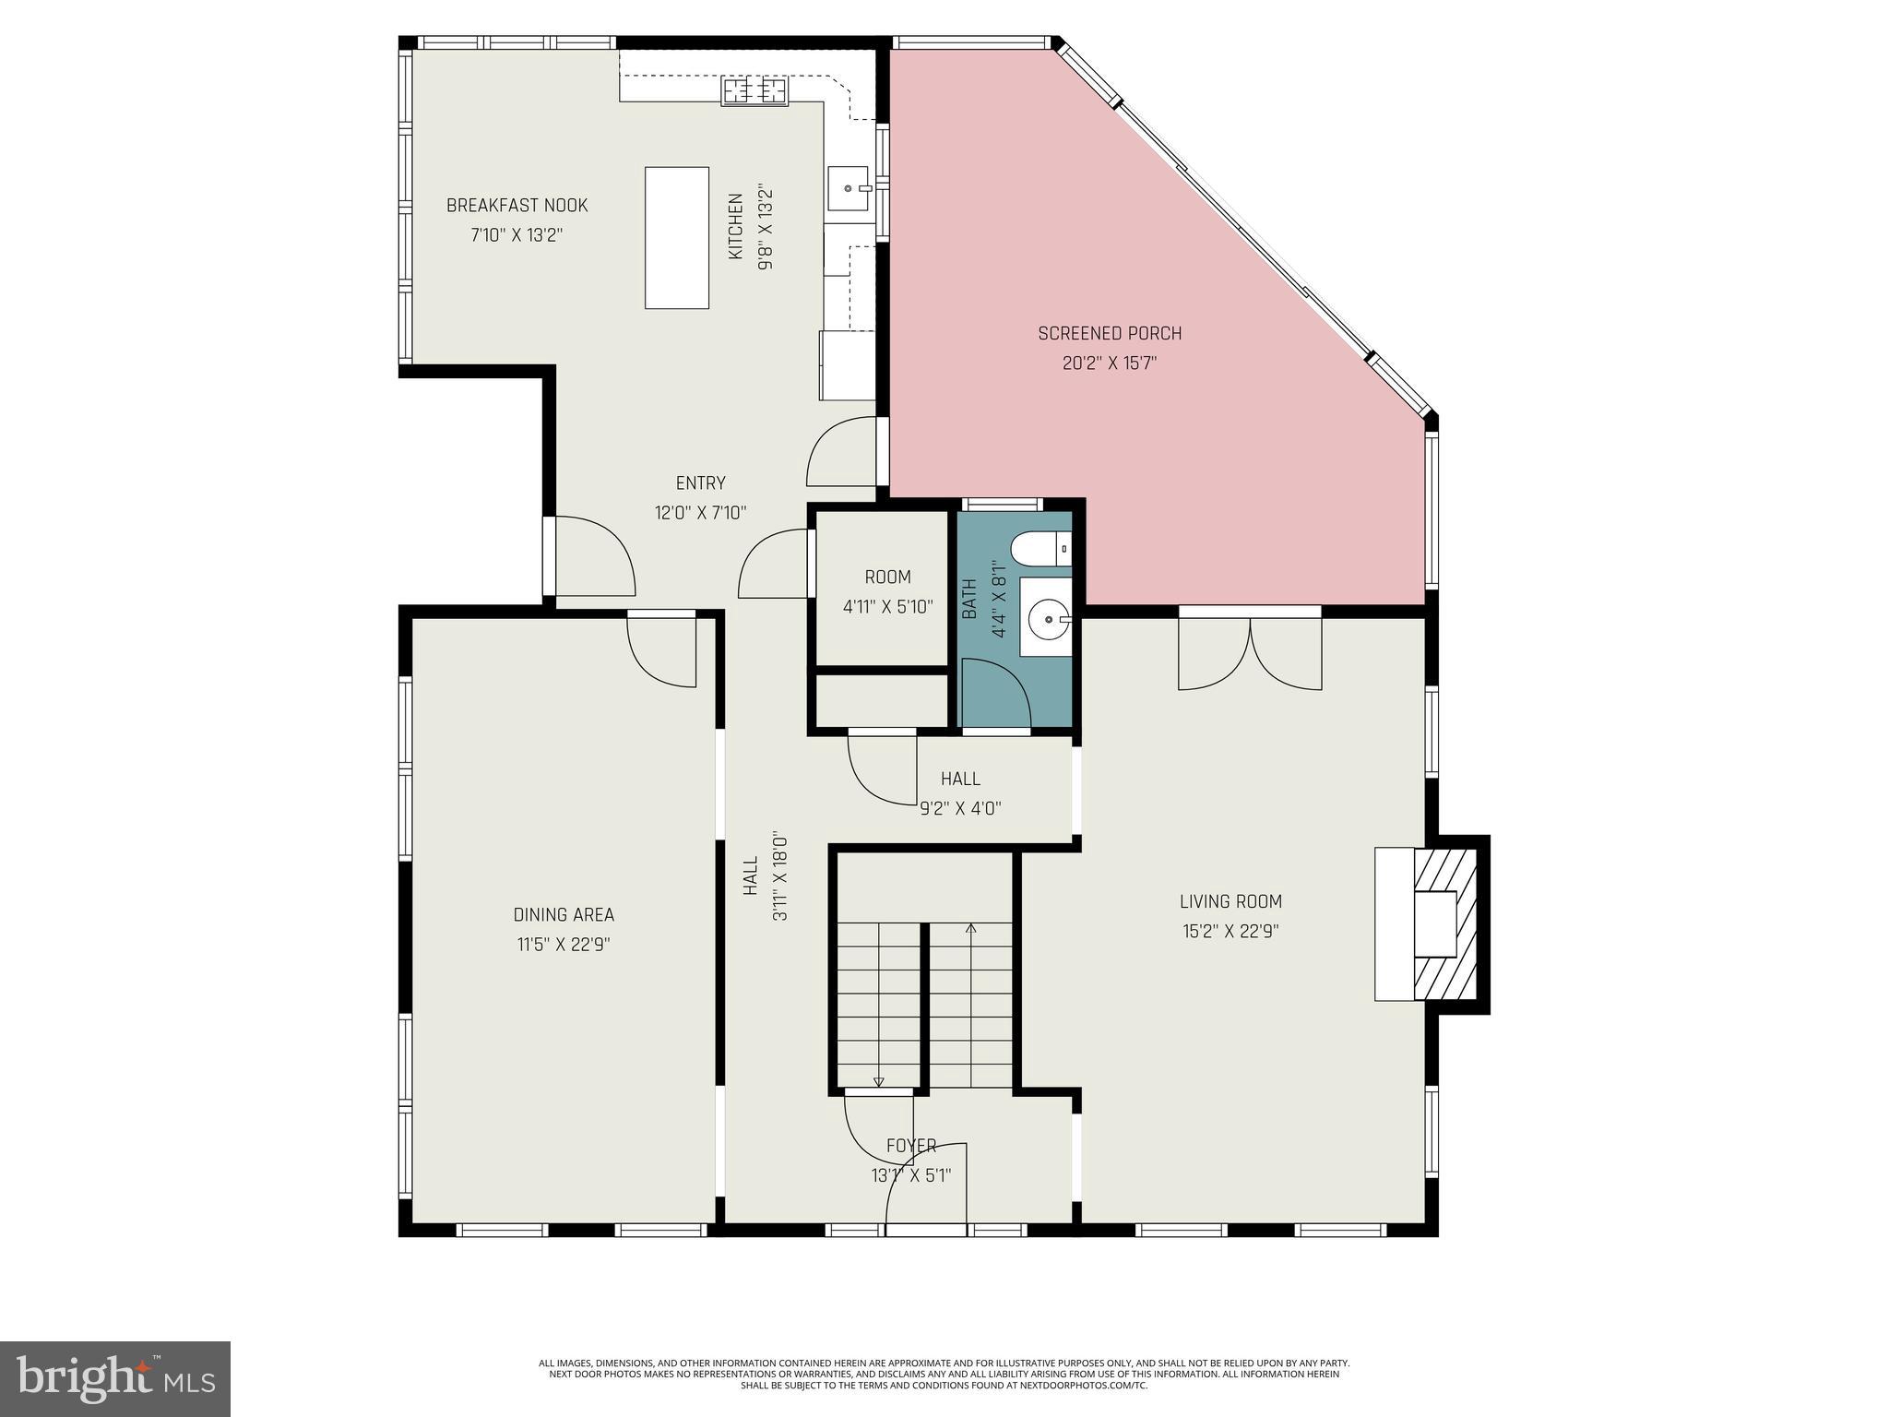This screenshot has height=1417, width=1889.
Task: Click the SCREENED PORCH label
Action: pyautogui.click(x=1110, y=333)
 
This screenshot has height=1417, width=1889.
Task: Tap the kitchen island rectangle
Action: pyautogui.click(x=677, y=237)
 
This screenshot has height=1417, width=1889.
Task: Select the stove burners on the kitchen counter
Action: pyautogui.click(x=755, y=91)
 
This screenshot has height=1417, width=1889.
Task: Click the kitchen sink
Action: pyautogui.click(x=849, y=188)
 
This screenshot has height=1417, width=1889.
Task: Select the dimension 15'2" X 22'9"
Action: pyautogui.click(x=1230, y=932)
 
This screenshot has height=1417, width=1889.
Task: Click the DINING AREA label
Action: pyautogui.click(x=564, y=915)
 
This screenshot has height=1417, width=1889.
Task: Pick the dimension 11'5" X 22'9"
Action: pyautogui.click(x=564, y=945)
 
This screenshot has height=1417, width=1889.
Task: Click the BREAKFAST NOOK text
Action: pyautogui.click(x=517, y=206)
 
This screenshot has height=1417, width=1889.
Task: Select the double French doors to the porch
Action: pyautogui.click(x=1250, y=653)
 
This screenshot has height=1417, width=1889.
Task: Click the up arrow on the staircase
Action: pyautogui.click(x=970, y=929)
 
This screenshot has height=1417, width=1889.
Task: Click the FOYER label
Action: pyautogui.click(x=911, y=1146)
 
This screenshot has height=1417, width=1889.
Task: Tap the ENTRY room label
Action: pyautogui.click(x=700, y=483)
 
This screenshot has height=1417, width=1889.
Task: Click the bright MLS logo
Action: pyautogui.click(x=115, y=1378)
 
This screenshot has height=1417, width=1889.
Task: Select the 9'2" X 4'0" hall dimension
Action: pyautogui.click(x=960, y=809)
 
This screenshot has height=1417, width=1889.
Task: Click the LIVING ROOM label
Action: pyautogui.click(x=1230, y=901)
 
